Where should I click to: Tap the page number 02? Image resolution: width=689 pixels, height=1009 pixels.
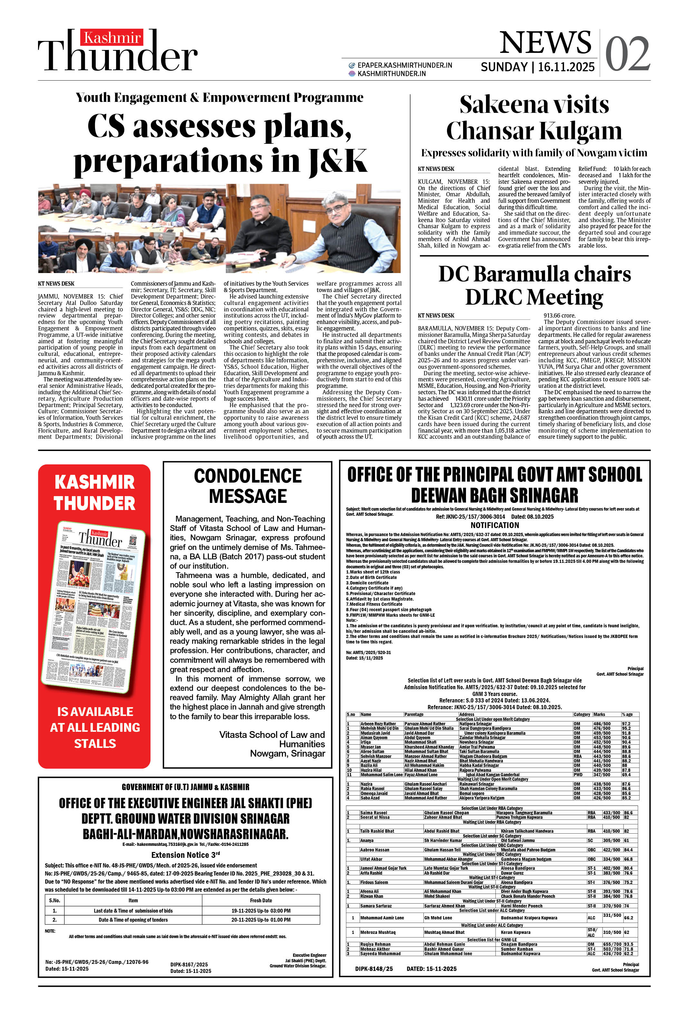[627, 54]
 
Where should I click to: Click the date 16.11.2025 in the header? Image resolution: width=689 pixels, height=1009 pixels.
[566, 67]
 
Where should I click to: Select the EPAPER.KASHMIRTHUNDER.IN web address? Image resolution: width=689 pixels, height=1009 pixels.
[405, 65]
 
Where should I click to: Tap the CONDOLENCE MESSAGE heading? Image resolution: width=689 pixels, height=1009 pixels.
[247, 486]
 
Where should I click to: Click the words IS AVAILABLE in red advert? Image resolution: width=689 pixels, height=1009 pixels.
[95, 711]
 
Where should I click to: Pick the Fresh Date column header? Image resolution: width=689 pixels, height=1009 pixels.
[261, 900]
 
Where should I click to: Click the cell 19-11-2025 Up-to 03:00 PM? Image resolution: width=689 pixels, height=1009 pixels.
[261, 910]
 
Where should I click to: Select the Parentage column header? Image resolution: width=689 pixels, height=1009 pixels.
[414, 714]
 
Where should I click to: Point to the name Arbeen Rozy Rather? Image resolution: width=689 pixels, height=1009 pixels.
[378, 723]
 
